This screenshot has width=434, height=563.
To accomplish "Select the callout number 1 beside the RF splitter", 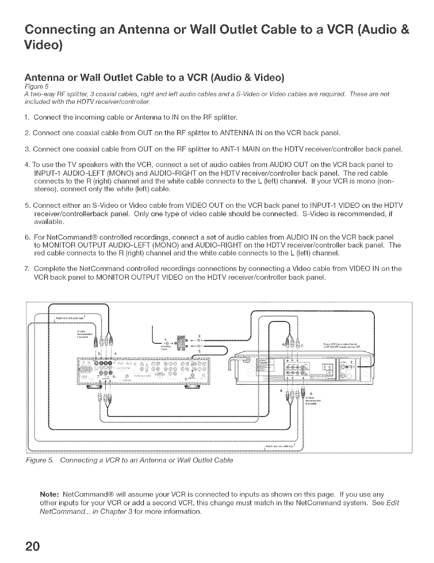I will (x=166, y=339).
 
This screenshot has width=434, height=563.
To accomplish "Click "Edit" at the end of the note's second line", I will (x=393, y=503).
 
